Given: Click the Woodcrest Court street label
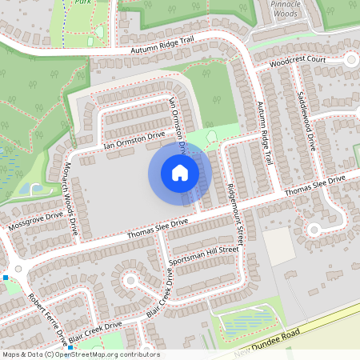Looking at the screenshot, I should point(298,60).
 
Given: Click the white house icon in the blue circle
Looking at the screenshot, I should point(180,173).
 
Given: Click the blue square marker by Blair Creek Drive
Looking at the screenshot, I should point(70,349).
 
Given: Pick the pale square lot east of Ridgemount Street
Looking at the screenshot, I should point(278,245).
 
